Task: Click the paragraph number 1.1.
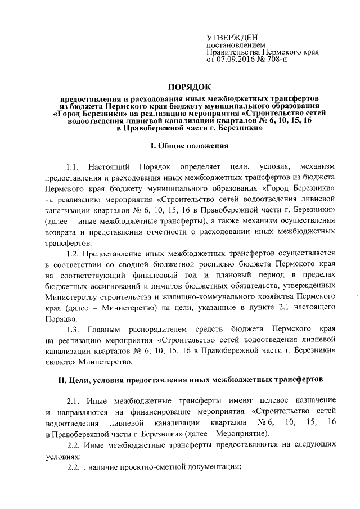click(75, 167)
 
